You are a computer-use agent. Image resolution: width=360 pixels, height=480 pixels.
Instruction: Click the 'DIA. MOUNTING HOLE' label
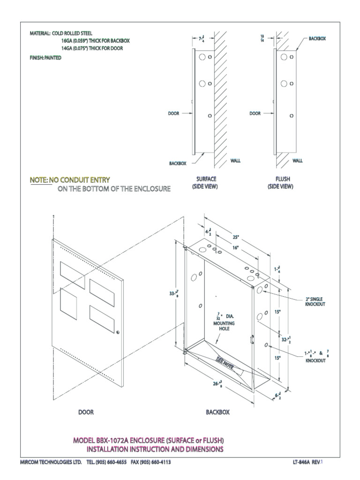(225, 323)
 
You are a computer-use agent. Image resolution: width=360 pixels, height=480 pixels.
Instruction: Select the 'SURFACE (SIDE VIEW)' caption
(205, 183)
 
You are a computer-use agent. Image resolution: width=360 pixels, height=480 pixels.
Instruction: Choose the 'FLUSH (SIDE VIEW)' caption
(280, 183)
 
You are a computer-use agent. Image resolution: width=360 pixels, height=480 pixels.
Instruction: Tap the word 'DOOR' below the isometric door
(86, 412)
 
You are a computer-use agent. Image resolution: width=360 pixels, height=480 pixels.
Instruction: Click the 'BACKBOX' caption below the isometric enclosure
(217, 412)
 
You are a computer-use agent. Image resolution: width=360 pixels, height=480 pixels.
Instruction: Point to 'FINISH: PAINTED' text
(45, 58)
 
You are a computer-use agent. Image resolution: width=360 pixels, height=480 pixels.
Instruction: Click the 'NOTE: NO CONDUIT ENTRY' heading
(70, 180)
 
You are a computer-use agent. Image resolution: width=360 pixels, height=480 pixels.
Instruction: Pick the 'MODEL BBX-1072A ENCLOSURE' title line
(148, 441)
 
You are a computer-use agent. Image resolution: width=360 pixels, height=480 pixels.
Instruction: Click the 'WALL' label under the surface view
(235, 160)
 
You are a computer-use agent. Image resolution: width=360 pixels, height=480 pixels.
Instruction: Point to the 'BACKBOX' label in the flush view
(317, 38)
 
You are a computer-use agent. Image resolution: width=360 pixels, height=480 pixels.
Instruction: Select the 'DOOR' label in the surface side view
(174, 113)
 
